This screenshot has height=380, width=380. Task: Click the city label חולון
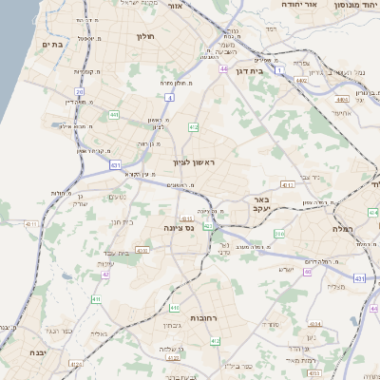click(145, 37)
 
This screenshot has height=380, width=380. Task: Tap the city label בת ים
click(52, 44)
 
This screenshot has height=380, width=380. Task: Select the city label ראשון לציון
click(195, 163)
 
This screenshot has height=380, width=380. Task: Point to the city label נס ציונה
click(179, 228)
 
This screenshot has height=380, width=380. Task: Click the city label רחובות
click(179, 318)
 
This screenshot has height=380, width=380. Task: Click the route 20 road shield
click(80, 92)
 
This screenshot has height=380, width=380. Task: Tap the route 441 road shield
click(113, 115)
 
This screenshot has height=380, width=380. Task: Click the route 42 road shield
click(105, 275)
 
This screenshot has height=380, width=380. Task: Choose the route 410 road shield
click(175, 308)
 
